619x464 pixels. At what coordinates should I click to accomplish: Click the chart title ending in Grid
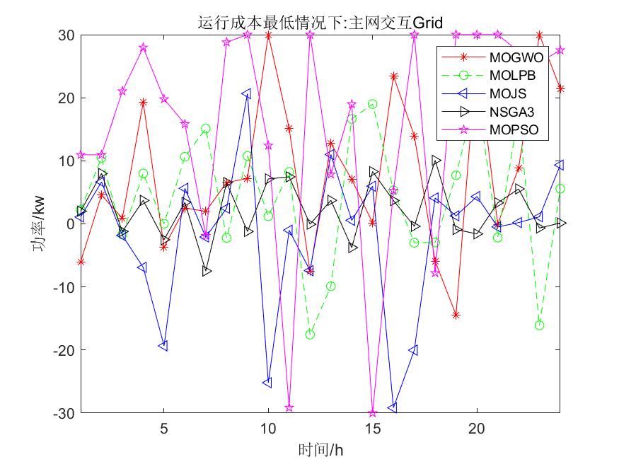pos(320,23)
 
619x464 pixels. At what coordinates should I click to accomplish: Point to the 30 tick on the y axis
pos(66,35)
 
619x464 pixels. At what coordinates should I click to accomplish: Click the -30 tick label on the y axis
pos(64,412)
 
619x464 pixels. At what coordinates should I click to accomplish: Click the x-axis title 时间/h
pos(320,449)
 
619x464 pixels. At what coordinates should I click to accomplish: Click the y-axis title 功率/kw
pos(38,224)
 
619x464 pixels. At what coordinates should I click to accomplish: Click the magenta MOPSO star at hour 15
pos(372,412)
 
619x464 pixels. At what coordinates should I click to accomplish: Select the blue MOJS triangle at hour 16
pos(393,408)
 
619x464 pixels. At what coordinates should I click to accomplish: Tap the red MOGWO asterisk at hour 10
pos(268,35)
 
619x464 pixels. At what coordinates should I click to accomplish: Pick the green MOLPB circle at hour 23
pos(540,325)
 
